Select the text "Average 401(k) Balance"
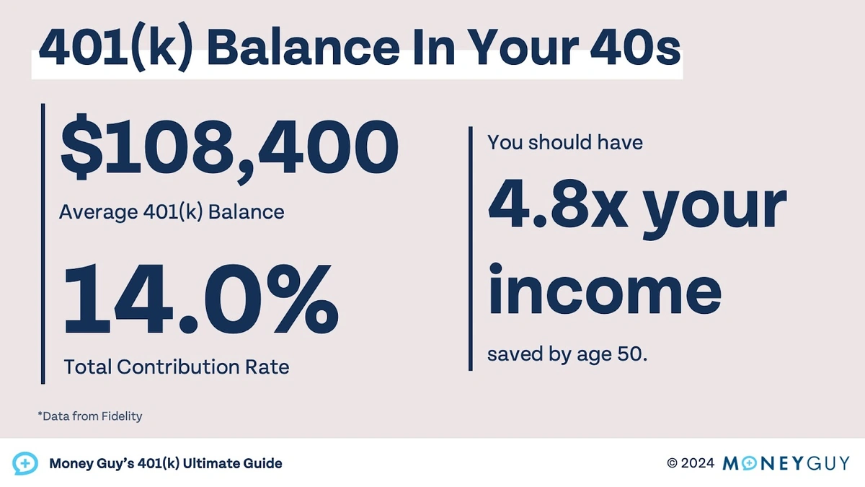(172, 212)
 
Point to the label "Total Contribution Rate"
(177, 367)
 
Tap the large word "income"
(604, 291)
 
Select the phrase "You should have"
(565, 142)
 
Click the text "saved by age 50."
(567, 355)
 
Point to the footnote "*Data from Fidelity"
(90, 416)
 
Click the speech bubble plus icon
(25, 462)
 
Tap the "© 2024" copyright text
(691, 462)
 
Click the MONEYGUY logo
(786, 462)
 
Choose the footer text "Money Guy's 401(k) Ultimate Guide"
(166, 463)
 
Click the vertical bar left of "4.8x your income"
(471, 249)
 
